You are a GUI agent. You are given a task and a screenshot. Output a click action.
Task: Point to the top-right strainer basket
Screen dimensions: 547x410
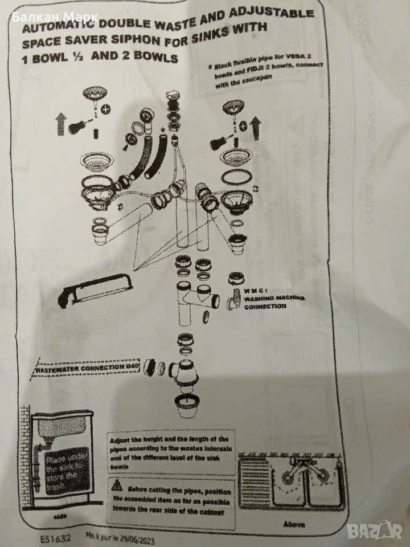point(231,105)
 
